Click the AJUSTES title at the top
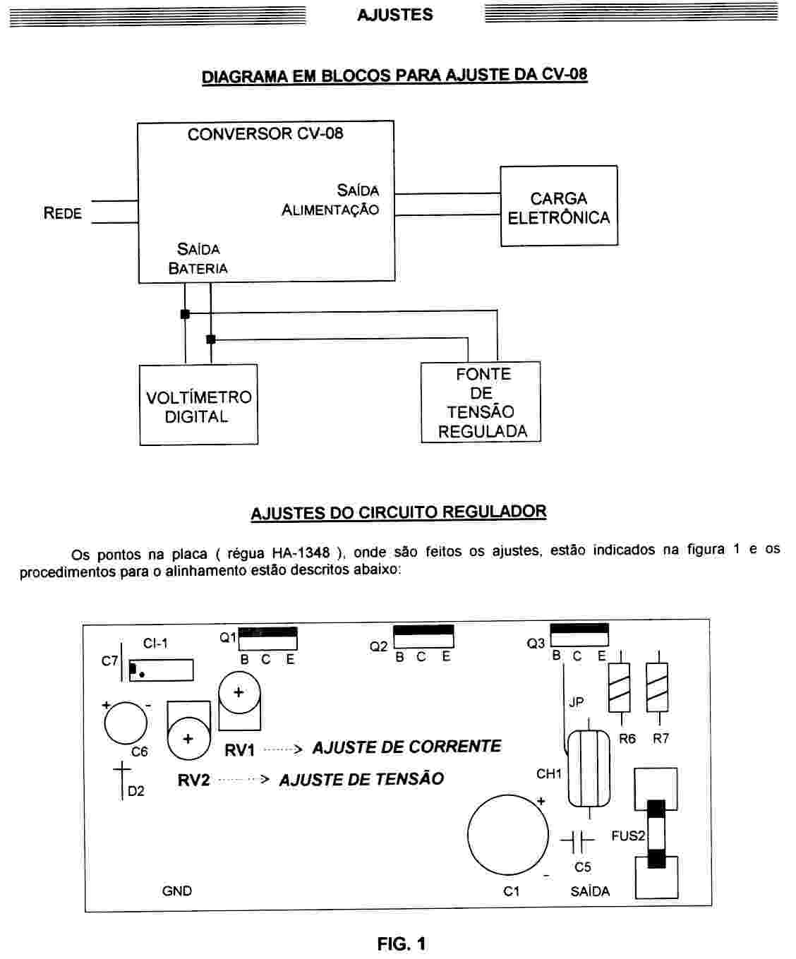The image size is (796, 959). pyautogui.click(x=394, y=15)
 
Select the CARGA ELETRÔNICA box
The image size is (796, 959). pyautogui.click(x=559, y=207)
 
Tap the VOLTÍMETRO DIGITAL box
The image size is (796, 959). pyautogui.click(x=198, y=406)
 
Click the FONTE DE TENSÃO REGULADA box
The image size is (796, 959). pyautogui.click(x=481, y=402)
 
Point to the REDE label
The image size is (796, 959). pyautogui.click(x=62, y=213)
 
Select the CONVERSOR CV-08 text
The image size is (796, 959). pyautogui.click(x=265, y=134)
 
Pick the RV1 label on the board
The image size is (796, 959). pyautogui.click(x=239, y=750)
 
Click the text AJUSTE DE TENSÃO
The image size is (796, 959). pyautogui.click(x=361, y=780)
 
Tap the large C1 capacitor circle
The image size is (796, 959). pyautogui.click(x=507, y=834)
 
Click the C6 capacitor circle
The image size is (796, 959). pyautogui.click(x=126, y=723)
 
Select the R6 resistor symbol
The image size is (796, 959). pyautogui.click(x=619, y=687)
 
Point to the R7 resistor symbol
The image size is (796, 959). pyautogui.click(x=657, y=687)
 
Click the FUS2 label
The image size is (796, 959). pyautogui.click(x=628, y=836)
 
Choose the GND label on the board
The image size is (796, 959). pyautogui.click(x=176, y=891)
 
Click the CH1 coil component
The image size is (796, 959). pyautogui.click(x=589, y=768)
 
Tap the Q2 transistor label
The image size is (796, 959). pyautogui.click(x=378, y=646)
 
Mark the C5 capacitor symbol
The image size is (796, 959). pyautogui.click(x=578, y=840)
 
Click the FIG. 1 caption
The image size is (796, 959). pyautogui.click(x=402, y=943)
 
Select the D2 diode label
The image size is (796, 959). pyautogui.click(x=135, y=791)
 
